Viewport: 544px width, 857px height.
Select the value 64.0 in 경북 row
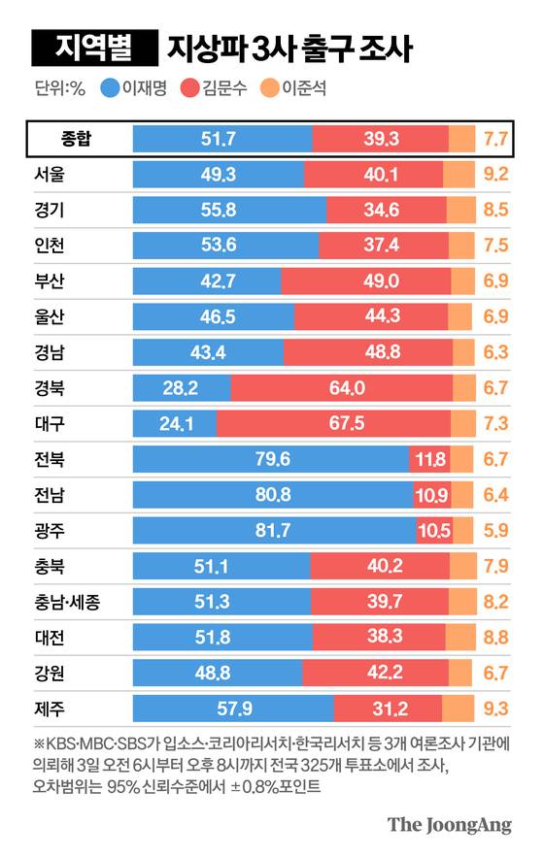click(x=347, y=388)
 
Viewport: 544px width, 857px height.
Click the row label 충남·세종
click(x=67, y=603)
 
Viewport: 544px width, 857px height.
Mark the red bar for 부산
click(x=365, y=281)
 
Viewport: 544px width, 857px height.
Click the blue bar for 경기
click(x=228, y=210)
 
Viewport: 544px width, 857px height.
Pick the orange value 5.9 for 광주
click(x=495, y=531)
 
